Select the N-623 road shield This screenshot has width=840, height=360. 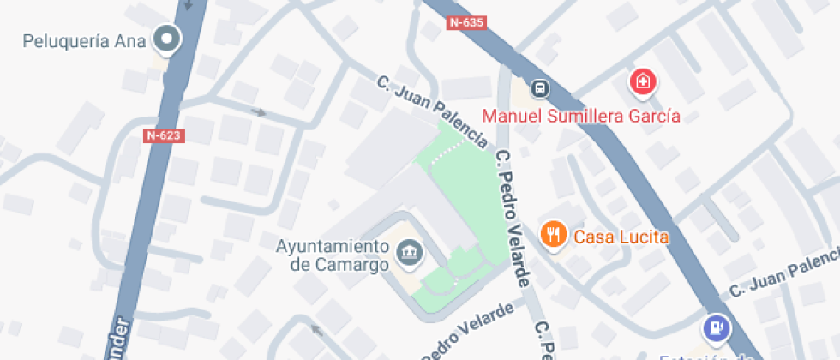coord(165,135)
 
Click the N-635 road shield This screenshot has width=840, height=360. coord(466,23)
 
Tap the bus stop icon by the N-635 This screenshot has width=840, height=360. coord(540,87)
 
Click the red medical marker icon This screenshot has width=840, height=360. coord(642,83)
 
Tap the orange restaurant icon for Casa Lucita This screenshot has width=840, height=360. coord(553,233)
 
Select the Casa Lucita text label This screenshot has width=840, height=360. coord(621,237)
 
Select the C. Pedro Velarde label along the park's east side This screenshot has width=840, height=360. coord(514,219)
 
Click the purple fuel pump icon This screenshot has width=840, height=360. coord(715,327)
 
